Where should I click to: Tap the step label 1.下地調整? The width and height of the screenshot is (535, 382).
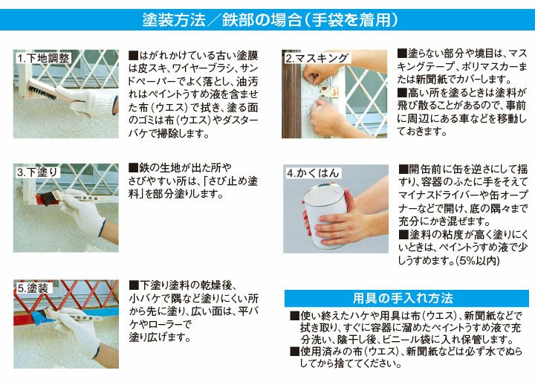(x=44, y=57)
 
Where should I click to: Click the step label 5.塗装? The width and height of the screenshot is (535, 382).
(x=33, y=287)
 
